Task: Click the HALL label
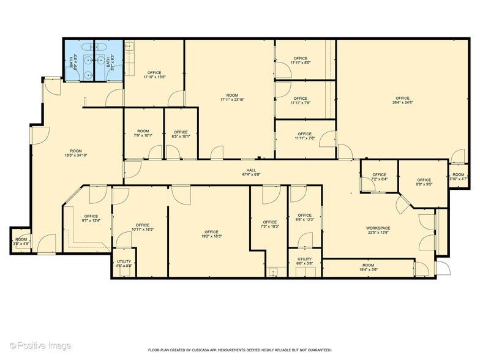[x=250, y=171]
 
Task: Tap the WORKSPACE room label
[x=379, y=228]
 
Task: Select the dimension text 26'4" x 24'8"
[x=402, y=103]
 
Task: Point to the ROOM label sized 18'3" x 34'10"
[x=76, y=151]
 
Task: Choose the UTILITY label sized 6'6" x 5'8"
[x=304, y=259]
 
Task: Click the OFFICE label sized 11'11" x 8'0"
[x=301, y=59]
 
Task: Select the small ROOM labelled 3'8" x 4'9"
[x=21, y=239]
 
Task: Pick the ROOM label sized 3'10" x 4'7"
[x=459, y=174]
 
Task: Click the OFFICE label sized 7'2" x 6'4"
[x=379, y=175]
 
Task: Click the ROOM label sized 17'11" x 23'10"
[x=232, y=96]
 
